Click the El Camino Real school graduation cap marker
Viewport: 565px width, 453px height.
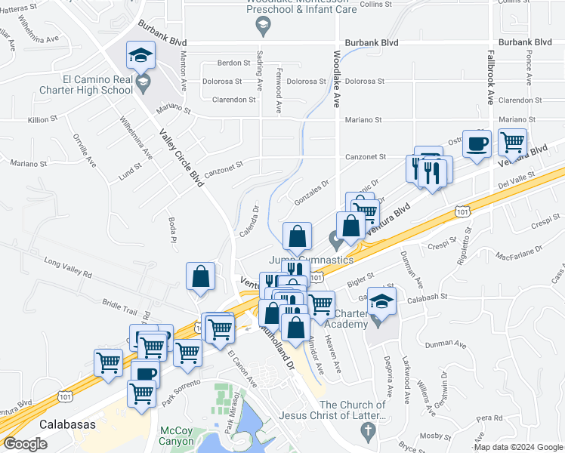140,57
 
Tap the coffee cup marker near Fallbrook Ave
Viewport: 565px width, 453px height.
477,143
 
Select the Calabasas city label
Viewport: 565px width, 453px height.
68,424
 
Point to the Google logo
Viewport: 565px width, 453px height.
25,444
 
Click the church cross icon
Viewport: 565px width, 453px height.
368,432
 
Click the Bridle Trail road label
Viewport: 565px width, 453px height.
119,307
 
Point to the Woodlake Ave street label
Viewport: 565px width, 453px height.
337,79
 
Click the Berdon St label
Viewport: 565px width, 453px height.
233,63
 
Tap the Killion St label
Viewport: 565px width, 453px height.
42,119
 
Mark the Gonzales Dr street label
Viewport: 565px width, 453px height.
313,185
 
